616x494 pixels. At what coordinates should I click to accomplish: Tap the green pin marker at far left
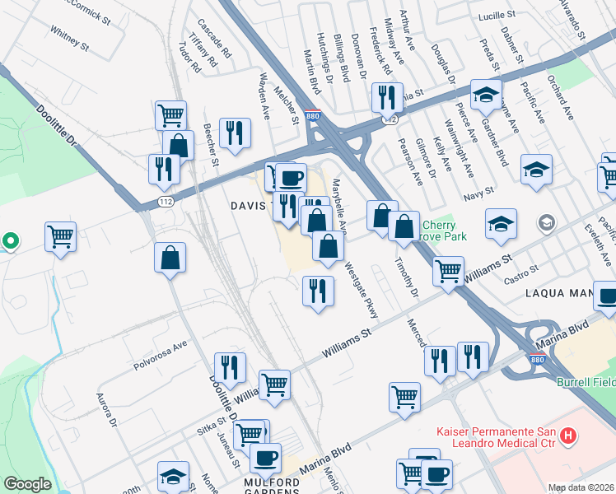pyautogui.click(x=10, y=241)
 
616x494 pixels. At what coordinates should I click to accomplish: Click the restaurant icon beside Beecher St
pyautogui.click(x=235, y=133)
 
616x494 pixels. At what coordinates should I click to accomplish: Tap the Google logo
pyautogui.click(x=27, y=484)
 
